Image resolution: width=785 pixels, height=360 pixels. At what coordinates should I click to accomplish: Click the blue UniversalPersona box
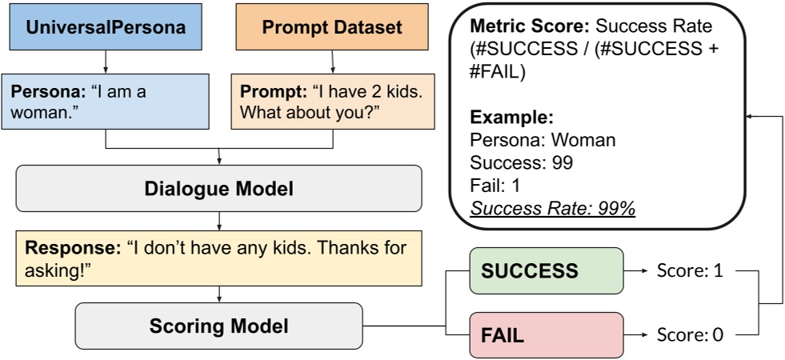[106, 28]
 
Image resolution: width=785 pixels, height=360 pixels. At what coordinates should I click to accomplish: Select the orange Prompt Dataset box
[332, 28]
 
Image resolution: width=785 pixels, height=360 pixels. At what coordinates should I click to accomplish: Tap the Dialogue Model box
[218, 189]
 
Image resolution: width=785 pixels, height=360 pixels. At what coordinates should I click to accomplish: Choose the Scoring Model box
[218, 326]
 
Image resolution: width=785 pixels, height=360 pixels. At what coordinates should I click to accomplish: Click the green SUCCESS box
[544, 270]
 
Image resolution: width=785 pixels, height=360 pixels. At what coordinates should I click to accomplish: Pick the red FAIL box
[544, 334]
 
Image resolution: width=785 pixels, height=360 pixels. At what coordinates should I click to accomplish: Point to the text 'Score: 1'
[690, 271]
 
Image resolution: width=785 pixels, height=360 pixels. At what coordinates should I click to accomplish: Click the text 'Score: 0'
[690, 335]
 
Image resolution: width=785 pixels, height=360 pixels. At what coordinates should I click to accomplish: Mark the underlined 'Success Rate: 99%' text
[552, 209]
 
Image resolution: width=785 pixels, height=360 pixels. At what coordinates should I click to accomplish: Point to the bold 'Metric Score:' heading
[520, 26]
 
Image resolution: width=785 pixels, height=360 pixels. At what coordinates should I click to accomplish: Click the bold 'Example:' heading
[511, 118]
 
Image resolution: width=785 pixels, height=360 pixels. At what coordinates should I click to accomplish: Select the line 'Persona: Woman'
[543, 141]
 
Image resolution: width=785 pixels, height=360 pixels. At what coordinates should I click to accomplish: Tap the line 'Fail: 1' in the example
[496, 186]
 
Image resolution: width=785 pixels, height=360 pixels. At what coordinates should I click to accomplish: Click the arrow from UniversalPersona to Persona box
[106, 62]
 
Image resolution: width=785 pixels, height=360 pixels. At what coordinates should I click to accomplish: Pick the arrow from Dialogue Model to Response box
[218, 220]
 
